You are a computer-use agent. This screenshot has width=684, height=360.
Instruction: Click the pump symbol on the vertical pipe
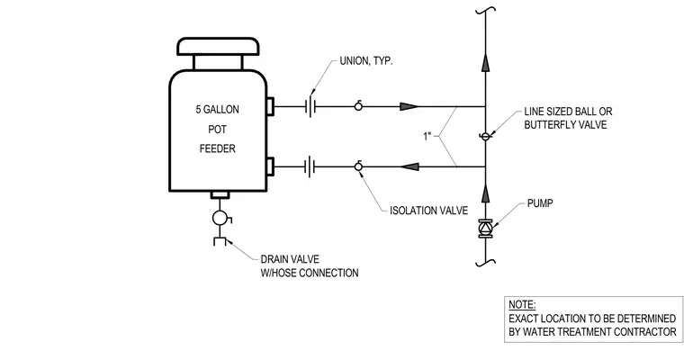(485, 229)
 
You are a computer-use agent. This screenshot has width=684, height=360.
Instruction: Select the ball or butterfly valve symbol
(485, 137)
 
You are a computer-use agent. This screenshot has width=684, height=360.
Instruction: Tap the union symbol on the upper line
(310, 106)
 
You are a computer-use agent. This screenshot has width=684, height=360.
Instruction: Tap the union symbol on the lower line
(310, 166)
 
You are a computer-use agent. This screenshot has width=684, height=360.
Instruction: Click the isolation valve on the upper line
(358, 105)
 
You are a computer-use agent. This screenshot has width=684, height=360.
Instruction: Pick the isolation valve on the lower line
(358, 166)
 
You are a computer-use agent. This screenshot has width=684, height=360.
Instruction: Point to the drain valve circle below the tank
(220, 218)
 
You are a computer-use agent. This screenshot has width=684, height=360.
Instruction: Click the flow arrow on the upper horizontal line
(409, 106)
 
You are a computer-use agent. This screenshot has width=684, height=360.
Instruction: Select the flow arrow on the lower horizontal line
(409, 166)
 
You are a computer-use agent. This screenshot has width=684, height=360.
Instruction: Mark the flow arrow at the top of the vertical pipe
(485, 62)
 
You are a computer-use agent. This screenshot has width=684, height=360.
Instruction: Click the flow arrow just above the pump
(485, 193)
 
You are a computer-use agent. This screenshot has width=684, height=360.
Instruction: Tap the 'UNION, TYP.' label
(366, 61)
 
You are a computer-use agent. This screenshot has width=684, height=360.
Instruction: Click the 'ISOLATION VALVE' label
(428, 211)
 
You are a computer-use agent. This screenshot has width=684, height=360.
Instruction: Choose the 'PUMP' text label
(540, 203)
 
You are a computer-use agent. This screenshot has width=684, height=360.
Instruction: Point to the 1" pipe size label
(427, 136)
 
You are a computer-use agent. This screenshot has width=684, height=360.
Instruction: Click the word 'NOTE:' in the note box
(522, 304)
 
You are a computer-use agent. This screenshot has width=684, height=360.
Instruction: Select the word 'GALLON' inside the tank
(221, 110)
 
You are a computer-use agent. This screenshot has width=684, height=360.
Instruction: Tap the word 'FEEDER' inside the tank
(217, 148)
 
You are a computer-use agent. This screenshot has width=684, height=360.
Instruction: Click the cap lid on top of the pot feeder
(218, 47)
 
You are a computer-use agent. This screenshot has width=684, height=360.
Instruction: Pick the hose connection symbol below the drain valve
(220, 240)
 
